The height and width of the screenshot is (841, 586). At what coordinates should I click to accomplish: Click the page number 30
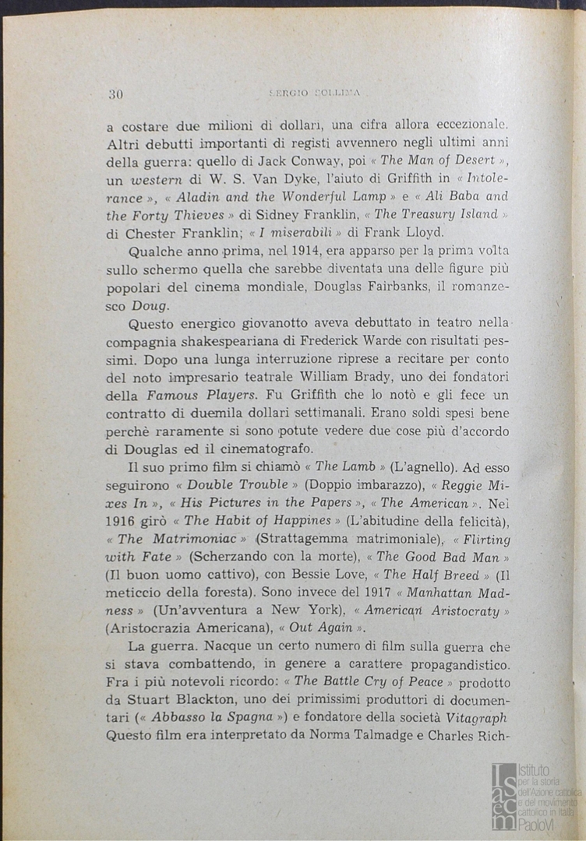pos(115,95)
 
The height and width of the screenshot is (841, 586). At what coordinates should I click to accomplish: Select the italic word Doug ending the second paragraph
pos(150,306)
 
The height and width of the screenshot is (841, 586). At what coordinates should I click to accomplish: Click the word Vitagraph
pos(476,718)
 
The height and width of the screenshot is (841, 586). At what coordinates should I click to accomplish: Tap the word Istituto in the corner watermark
pos(535,769)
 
